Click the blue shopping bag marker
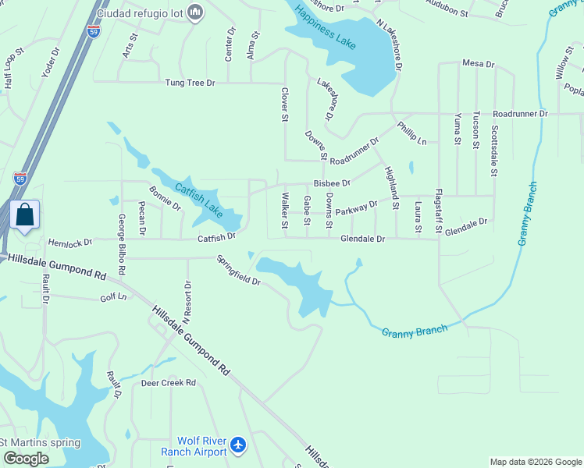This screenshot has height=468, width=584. (25, 215)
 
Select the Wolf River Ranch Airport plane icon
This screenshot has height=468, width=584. (238, 446)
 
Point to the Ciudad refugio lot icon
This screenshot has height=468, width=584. (196, 12)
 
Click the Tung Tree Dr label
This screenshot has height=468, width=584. (189, 82)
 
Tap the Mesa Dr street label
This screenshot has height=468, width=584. (479, 63)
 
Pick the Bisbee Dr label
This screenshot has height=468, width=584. (332, 183)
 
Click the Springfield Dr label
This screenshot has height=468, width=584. (238, 269)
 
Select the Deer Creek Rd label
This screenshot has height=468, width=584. (168, 383)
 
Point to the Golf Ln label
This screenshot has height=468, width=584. (113, 298)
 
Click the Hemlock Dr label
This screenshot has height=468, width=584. (69, 243)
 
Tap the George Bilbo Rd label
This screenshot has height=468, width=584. (122, 245)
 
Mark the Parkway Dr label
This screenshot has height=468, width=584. (357, 207)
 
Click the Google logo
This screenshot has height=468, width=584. (26, 459)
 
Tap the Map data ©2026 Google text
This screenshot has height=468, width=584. (536, 462)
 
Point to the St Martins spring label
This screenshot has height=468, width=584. (40, 443)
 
